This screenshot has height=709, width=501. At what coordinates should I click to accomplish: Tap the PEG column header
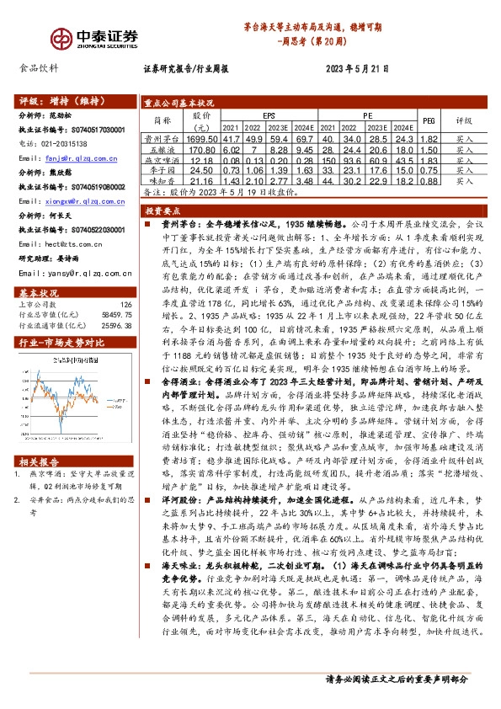427,120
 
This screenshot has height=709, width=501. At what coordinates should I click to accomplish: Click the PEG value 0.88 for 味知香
427,181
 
